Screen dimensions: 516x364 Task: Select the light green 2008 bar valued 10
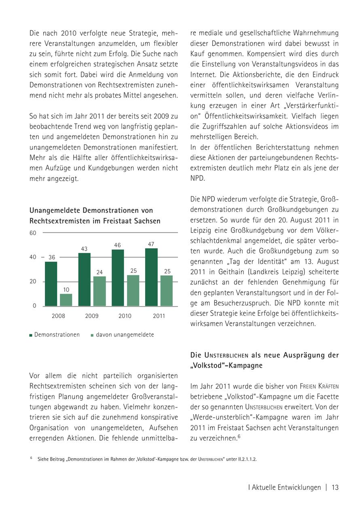coord(66,300)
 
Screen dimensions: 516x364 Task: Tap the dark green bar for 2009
coord(85,279)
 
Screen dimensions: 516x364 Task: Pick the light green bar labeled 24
coord(99,291)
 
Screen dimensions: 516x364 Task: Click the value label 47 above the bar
coord(151,244)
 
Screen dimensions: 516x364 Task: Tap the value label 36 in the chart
coord(52,258)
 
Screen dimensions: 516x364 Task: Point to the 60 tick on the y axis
coord(33,233)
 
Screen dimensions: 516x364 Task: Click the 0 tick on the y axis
coord(34,306)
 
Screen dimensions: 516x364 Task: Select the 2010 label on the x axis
coord(125,316)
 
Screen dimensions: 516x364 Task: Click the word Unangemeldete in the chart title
coord(55,210)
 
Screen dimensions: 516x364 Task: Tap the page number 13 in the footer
coord(335,487)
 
